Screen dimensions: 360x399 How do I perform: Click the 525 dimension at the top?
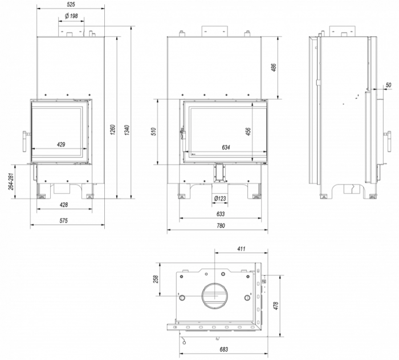click(71, 4)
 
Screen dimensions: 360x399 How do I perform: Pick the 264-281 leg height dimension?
click(11, 181)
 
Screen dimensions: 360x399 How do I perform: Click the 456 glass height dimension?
click(248, 131)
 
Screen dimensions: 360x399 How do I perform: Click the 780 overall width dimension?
click(221, 226)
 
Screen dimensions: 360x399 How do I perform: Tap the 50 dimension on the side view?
click(388, 85)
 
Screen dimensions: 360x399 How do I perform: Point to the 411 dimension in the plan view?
click(241, 249)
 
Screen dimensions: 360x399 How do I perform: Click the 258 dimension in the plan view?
click(154, 279)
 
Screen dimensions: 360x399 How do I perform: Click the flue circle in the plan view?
click(215, 294)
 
